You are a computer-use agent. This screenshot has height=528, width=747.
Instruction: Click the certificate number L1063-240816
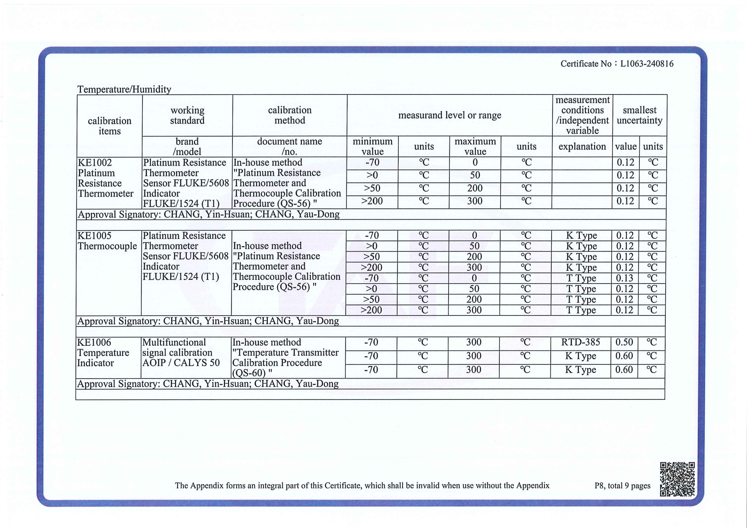647,64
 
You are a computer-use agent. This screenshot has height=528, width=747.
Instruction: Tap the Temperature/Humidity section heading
124,89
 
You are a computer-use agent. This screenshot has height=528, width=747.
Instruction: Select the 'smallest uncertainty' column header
639,115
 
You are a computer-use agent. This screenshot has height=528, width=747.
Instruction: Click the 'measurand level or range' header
449,115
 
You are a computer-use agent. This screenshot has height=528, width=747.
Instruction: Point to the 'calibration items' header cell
109,126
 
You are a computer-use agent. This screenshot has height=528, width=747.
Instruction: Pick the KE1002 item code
95,163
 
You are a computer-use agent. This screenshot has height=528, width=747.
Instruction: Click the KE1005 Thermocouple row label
107,241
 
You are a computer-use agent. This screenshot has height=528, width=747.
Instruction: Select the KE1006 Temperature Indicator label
103,353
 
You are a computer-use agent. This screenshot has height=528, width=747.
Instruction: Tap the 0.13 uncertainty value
624,278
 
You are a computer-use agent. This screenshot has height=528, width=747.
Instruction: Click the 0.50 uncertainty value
624,342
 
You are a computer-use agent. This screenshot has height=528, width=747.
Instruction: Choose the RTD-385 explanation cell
581,342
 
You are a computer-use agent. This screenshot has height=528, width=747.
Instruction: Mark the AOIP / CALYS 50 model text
181,363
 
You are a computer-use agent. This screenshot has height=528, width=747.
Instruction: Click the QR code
677,479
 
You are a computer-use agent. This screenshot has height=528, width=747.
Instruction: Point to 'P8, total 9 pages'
622,486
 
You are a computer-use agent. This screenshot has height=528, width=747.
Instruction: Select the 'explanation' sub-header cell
582,147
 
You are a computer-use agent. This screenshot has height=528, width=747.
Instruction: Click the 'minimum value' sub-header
372,146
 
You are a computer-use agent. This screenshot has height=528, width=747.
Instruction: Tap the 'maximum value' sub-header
475,146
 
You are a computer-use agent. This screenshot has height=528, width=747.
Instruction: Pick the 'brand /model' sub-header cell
187,146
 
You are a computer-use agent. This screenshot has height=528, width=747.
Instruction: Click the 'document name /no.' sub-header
289,146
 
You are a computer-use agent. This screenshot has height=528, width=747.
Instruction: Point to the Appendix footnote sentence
362,486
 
